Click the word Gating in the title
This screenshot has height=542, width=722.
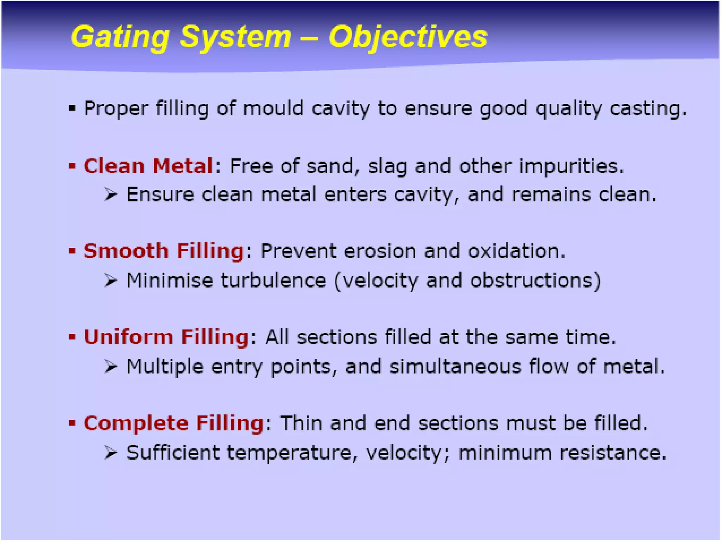tap(120, 37)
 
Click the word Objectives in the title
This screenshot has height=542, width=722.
tap(408, 37)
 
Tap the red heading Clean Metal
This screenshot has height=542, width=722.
tap(148, 166)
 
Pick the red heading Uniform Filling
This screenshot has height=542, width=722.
tap(166, 337)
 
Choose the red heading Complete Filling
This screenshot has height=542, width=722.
tap(173, 423)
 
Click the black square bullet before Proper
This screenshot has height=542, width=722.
tap(72, 108)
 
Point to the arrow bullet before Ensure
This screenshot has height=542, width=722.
tap(110, 194)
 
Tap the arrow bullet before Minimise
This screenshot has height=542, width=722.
tap(110, 281)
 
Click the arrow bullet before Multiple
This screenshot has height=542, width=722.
tap(110, 366)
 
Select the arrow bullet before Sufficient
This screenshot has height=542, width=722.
tap(110, 452)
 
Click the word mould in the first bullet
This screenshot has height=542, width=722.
tap(273, 108)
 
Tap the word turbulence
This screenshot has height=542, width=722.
tap(273, 281)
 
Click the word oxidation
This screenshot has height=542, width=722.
tap(516, 251)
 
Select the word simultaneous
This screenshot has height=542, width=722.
tap(455, 366)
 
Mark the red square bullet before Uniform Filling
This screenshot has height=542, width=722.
tap(72, 337)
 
